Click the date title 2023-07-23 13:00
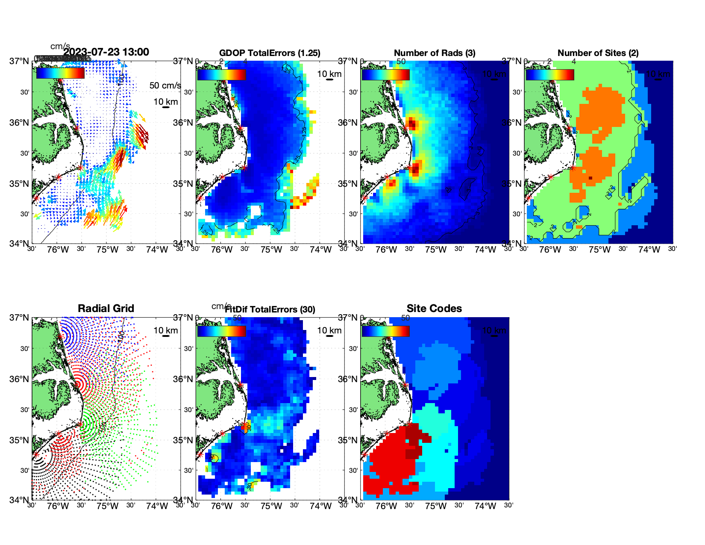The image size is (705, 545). (x=106, y=52)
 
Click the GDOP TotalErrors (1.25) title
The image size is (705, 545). (x=270, y=53)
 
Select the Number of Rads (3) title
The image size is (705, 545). (x=435, y=53)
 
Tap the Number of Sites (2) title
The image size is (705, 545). (x=598, y=53)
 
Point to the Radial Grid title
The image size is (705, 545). (x=106, y=309)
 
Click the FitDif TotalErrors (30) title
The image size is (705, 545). (x=270, y=309)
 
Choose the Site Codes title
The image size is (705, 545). (x=434, y=309)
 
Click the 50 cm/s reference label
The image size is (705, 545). (x=165, y=85)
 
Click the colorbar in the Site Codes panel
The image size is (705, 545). (x=385, y=331)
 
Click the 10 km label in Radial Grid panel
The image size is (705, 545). (x=165, y=330)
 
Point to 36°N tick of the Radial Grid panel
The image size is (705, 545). (x=20, y=379)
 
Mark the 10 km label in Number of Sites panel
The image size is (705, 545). (x=658, y=74)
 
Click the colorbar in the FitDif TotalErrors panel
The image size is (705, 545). (x=221, y=331)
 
